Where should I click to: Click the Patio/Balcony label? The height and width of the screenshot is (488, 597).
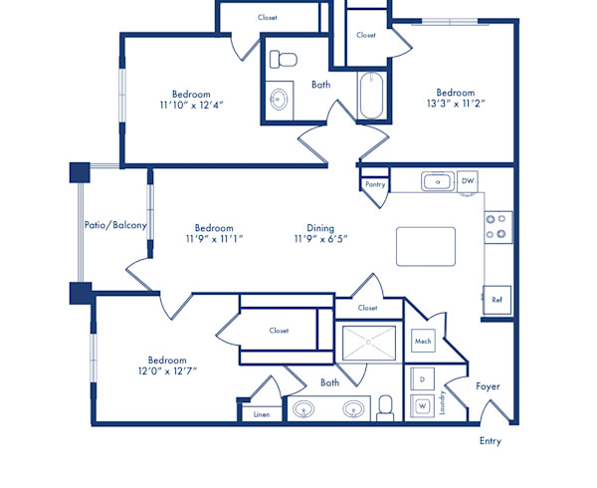(x=115, y=225)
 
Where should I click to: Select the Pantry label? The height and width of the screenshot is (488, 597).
(x=375, y=184)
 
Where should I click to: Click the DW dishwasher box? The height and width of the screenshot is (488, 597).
(x=468, y=181)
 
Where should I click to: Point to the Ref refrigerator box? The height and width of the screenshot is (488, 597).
(x=497, y=300)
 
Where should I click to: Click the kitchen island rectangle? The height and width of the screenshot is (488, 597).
(x=425, y=246)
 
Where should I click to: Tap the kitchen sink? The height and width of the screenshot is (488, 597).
(x=437, y=181)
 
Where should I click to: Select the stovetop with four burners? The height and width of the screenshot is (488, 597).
(x=497, y=227)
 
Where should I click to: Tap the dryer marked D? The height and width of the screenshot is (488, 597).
(x=422, y=380)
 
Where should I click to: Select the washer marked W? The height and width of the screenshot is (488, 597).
(x=422, y=405)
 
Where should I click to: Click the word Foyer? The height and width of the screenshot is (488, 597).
(x=488, y=386)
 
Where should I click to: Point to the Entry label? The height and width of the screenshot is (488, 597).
(x=491, y=441)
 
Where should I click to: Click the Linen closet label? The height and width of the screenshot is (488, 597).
(x=261, y=413)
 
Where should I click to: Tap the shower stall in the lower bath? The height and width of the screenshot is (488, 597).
(x=368, y=343)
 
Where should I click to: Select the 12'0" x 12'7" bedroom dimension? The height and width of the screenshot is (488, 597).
(x=167, y=371)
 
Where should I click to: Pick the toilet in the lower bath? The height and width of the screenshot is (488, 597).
(x=385, y=406)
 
